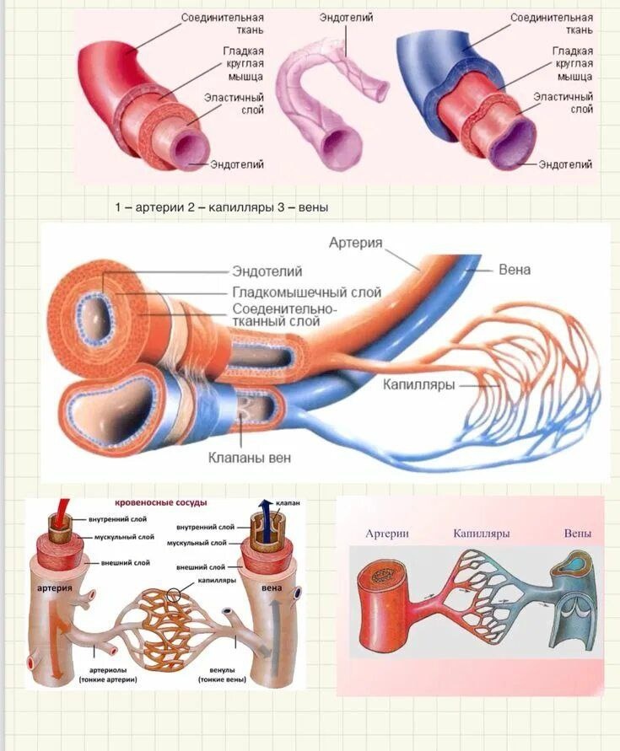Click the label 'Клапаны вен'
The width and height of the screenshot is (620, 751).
(250, 459)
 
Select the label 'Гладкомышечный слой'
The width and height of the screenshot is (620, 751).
(306, 292)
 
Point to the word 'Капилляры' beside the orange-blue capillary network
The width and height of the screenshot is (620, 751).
(419, 384)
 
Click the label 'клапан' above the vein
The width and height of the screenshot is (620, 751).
(287, 503)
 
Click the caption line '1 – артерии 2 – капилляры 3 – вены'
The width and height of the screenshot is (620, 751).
(221, 207)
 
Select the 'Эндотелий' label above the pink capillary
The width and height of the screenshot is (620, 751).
(345, 18)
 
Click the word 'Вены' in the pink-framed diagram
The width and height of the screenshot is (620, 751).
(578, 534)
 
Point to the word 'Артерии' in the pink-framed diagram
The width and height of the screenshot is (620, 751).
(387, 534)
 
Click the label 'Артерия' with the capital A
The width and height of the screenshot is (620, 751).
(355, 243)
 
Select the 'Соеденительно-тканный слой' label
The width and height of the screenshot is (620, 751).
(283, 315)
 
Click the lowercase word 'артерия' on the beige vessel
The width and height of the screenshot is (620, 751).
(53, 587)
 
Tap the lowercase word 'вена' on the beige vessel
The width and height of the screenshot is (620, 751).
(272, 587)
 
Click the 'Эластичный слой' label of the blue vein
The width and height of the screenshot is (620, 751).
(563, 103)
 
